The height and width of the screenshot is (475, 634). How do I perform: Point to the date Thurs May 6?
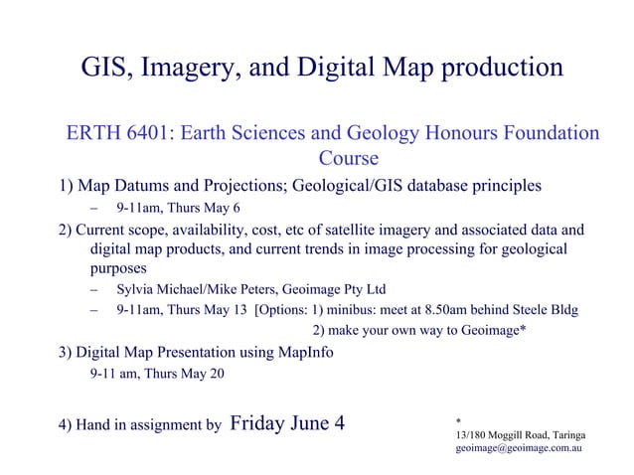(x=199, y=209)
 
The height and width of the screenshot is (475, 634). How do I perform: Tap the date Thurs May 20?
(x=190, y=374)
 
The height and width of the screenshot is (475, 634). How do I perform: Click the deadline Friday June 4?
(x=287, y=423)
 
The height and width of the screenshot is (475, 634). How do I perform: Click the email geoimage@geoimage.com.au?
(x=518, y=449)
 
